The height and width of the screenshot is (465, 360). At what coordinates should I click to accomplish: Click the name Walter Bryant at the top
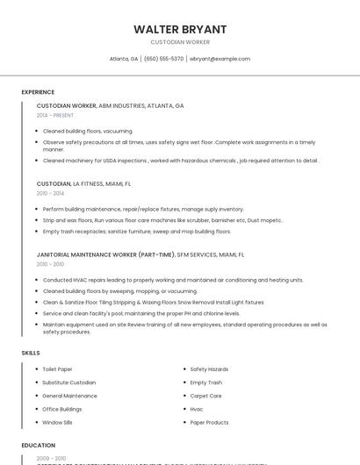(x=180, y=29)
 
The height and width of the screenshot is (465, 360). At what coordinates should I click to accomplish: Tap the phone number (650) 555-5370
(x=163, y=59)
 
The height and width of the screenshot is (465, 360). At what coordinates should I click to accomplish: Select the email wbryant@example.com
(x=220, y=59)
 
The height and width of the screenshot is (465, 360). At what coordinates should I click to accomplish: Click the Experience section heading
(x=38, y=92)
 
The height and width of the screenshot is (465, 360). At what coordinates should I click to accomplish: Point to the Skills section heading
(x=31, y=353)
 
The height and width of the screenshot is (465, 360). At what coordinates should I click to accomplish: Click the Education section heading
(x=39, y=445)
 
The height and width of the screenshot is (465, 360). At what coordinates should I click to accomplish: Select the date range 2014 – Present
(x=55, y=115)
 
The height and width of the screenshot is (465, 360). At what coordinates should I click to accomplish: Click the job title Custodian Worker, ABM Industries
(x=110, y=105)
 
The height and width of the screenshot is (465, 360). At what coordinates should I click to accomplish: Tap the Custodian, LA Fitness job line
(x=83, y=184)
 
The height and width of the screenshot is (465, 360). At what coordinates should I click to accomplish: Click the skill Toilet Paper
(x=58, y=369)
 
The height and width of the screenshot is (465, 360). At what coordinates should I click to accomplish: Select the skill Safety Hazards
(x=209, y=369)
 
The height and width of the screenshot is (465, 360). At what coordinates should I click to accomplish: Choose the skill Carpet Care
(x=205, y=396)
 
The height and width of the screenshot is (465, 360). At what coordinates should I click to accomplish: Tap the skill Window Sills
(x=59, y=422)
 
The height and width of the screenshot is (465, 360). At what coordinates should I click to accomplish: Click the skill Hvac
(x=197, y=409)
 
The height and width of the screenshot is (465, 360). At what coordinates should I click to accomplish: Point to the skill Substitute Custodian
(x=69, y=383)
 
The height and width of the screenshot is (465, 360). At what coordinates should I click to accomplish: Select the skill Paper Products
(x=209, y=422)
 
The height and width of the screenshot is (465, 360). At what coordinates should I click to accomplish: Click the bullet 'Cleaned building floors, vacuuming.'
(x=88, y=131)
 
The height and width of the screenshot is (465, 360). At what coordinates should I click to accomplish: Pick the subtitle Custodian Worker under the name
(x=180, y=42)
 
